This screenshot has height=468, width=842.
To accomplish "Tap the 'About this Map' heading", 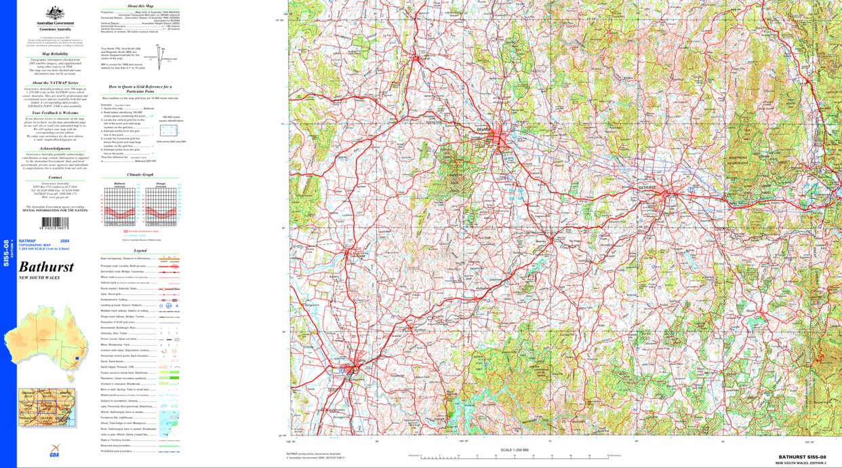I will click(140, 5).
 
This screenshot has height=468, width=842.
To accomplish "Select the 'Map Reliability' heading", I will click(56, 53).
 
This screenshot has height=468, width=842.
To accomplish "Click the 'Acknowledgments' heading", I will click(56, 149).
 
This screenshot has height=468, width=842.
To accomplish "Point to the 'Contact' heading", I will click(56, 178).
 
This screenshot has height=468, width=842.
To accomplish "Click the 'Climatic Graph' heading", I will click(140, 174).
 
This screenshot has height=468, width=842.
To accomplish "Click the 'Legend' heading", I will click(140, 251).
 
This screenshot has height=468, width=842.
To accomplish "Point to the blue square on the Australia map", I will click(78, 359).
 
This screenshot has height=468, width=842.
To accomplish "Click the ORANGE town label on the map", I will click(502, 128).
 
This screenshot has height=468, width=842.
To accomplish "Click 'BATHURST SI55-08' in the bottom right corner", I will click(802, 457).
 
